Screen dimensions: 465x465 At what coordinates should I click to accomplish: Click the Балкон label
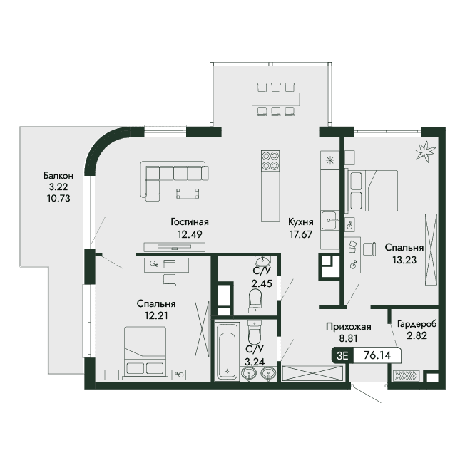(x=58, y=176)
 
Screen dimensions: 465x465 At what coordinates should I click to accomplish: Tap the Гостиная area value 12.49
(x=190, y=234)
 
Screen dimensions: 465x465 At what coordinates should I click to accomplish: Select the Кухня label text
(x=301, y=222)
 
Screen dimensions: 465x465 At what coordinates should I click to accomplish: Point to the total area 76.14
(x=377, y=355)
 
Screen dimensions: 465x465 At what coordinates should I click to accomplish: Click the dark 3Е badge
(x=342, y=355)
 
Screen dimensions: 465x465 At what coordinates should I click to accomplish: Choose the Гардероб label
(x=417, y=325)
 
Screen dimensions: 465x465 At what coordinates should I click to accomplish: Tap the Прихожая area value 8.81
(x=348, y=338)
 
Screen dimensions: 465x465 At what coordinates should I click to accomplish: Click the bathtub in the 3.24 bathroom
(x=227, y=351)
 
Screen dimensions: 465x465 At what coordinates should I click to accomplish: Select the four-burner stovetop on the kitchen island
(x=270, y=160)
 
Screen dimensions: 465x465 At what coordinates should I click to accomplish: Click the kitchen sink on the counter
(x=329, y=220)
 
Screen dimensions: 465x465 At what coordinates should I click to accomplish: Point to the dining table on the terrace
(x=276, y=99)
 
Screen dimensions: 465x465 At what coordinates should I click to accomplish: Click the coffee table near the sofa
(x=188, y=194)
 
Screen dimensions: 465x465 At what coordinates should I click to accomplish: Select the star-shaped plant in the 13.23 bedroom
(x=426, y=152)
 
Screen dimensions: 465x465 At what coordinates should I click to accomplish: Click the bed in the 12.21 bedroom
(x=145, y=353)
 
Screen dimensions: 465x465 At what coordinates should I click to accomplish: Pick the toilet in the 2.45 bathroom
(x=255, y=300)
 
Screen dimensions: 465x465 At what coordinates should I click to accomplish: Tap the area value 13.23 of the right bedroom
(x=404, y=260)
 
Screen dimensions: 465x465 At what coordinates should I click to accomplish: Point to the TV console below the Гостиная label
(x=174, y=246)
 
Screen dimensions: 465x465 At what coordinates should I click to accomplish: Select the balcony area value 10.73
(x=58, y=198)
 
